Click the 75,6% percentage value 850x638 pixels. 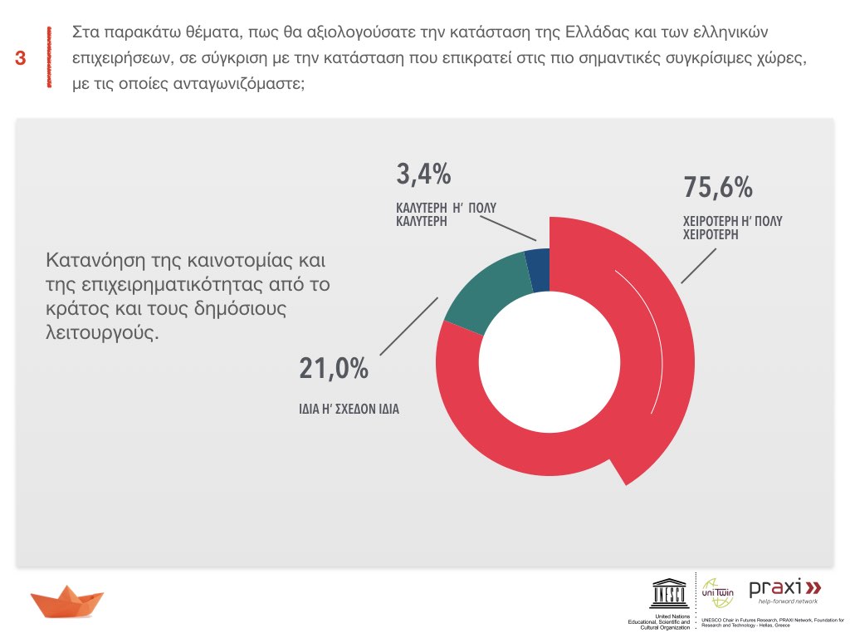(x=718, y=188)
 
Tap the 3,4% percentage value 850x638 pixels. (x=423, y=174)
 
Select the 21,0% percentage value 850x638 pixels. (x=334, y=369)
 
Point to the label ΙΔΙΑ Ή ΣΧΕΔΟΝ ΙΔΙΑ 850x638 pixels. (x=349, y=410)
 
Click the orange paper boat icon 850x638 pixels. (x=67, y=601)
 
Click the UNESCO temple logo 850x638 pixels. (x=669, y=592)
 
